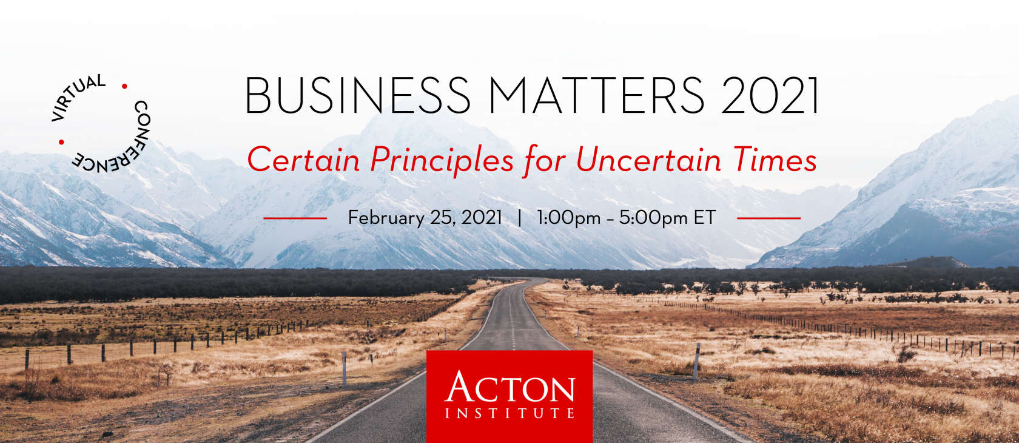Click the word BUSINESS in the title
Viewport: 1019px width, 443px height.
(358, 95)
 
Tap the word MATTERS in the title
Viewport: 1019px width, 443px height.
(596, 95)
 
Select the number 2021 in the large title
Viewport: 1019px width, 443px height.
(769, 95)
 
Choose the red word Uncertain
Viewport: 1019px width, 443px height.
(649, 160)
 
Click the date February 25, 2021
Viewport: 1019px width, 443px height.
(425, 218)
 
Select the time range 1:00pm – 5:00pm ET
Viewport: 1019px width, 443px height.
(627, 218)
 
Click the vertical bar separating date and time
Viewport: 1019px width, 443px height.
(519, 218)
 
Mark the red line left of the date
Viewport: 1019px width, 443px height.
(295, 218)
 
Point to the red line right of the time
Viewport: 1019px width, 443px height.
(769, 218)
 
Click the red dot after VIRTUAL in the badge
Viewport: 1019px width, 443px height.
(124, 86)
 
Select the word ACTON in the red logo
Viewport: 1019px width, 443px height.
(509, 387)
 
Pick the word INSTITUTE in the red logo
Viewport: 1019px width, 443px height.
(509, 413)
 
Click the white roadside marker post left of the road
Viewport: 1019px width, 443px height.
(345, 369)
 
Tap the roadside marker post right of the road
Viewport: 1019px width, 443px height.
(696, 362)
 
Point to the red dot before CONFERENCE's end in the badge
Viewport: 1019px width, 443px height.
(61, 142)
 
